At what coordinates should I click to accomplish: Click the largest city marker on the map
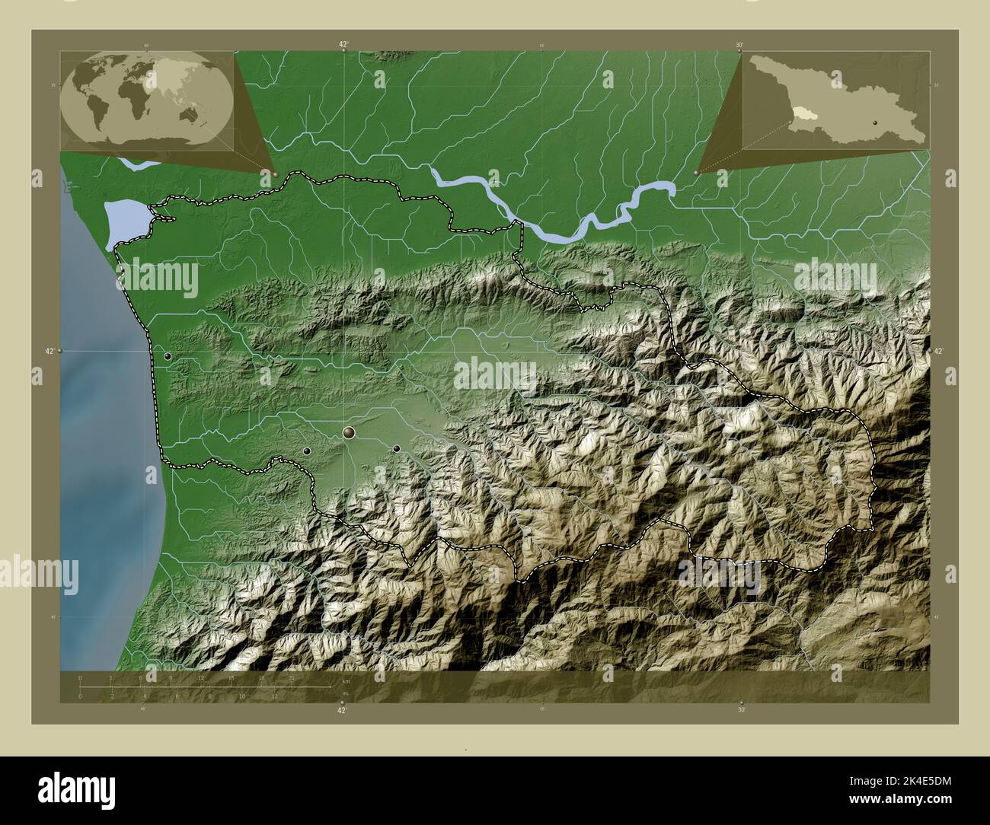pos(350,433)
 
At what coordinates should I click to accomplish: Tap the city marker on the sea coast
pos(168,355)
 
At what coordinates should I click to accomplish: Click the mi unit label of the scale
pos(346,693)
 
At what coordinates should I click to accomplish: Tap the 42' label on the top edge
pos(344,45)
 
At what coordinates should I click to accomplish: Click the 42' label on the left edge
pos(49,351)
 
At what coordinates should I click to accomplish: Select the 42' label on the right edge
pos(938,351)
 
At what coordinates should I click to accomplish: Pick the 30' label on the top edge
pos(739,45)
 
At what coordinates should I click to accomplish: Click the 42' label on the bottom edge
pos(343,710)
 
